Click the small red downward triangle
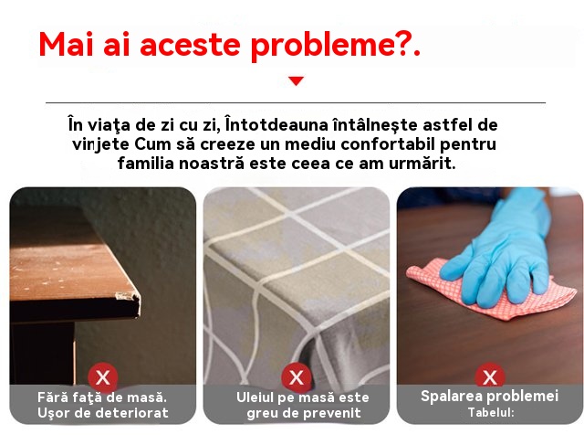[x=296, y=81]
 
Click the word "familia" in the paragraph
[x=146, y=163]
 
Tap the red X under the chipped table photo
[x=103, y=377]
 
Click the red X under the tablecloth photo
[x=297, y=377]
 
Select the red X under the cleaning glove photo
[x=490, y=376]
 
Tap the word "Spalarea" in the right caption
[x=449, y=397]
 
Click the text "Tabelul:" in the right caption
[x=491, y=412]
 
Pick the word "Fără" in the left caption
[x=49, y=397]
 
